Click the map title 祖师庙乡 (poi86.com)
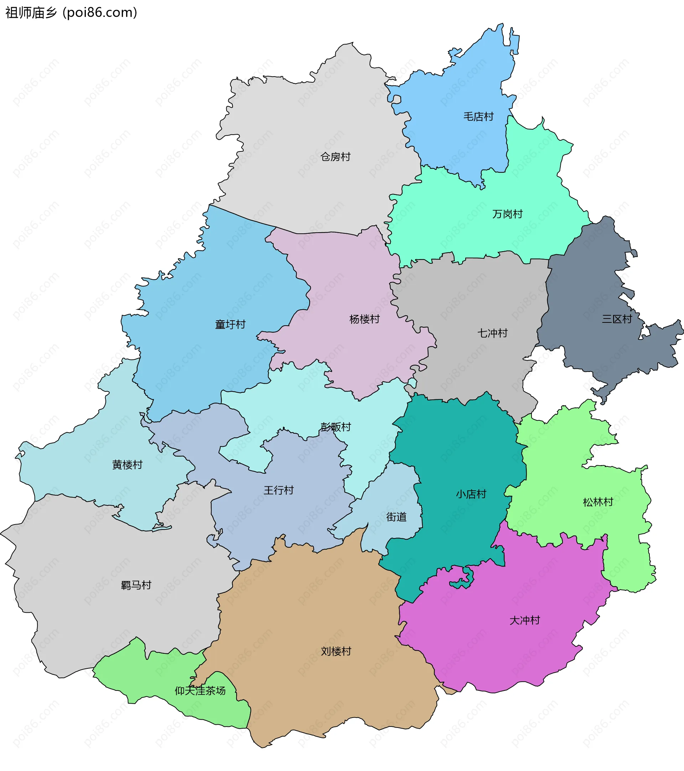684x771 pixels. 71,13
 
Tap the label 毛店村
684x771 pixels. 478,117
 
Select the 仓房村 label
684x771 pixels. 335,156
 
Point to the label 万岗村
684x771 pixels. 507,214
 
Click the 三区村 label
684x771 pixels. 617,319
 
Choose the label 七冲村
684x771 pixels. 492,333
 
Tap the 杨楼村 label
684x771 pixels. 364,319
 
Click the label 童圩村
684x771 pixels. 230,324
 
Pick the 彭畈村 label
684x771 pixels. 335,426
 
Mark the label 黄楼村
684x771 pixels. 127,465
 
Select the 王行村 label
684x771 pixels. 278,490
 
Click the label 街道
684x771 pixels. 396,517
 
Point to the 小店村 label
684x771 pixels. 471,494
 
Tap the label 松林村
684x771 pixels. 598,502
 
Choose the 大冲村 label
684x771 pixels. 524,620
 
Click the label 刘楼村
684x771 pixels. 336,651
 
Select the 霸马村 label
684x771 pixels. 136,585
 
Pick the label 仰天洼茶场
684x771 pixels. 200,690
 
